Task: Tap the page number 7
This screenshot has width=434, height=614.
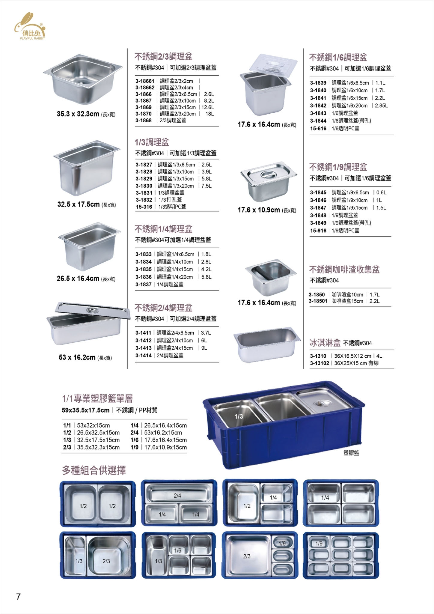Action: (19, 597)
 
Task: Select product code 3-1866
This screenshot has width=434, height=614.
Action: (144, 94)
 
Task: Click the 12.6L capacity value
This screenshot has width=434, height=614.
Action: (208, 107)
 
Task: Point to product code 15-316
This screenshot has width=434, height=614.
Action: (144, 207)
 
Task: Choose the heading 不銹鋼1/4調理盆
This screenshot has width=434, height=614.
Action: (163, 229)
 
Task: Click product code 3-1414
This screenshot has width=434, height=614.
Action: (144, 356)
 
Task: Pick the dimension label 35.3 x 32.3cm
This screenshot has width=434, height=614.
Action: (78, 114)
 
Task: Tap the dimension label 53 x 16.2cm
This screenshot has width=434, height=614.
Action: (77, 357)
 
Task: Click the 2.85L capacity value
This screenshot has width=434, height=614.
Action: (381, 106)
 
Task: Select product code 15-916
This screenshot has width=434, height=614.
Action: (318, 231)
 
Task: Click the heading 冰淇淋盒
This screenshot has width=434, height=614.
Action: (325, 343)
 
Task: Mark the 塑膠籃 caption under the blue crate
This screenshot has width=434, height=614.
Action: (351, 453)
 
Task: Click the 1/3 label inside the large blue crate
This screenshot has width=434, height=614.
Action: (239, 416)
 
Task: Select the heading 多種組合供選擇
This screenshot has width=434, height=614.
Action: (94, 470)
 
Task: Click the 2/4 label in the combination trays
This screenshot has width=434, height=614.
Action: (177, 496)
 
